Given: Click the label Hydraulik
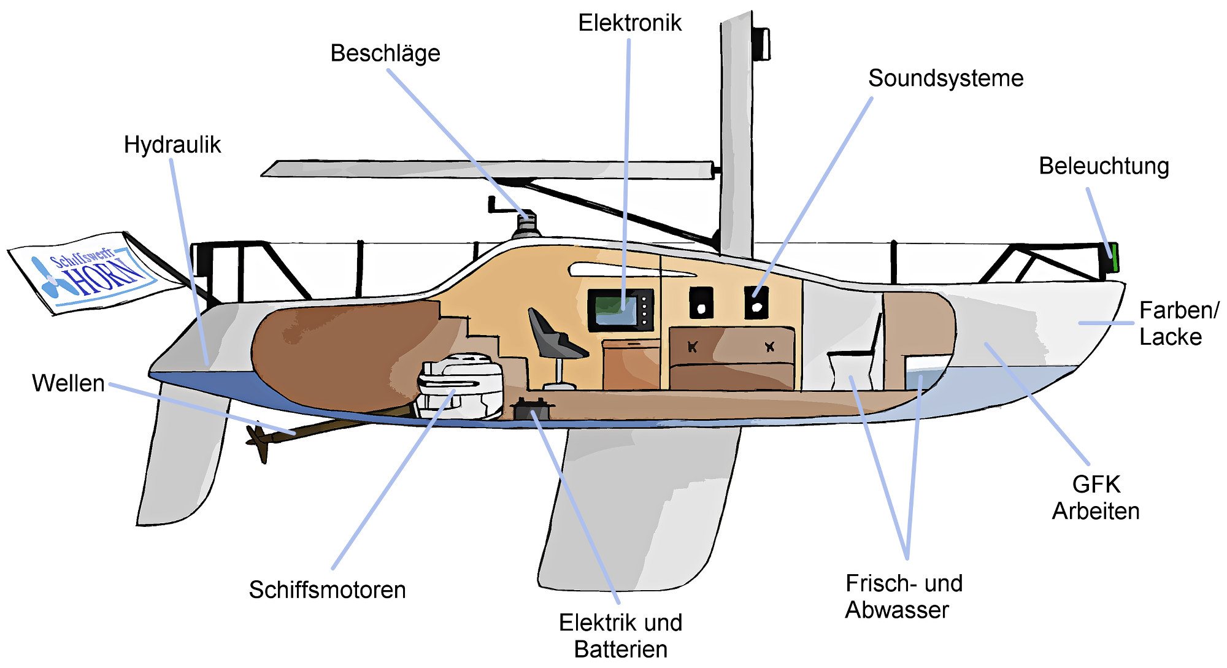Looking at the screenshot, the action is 172,145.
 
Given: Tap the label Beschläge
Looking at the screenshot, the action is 385,53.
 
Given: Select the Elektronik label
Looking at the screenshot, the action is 629,23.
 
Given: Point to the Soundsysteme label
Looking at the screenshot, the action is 945,79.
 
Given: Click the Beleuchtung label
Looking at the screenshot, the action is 1104,166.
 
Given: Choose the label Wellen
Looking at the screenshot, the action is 68,383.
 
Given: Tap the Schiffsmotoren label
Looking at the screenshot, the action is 327,590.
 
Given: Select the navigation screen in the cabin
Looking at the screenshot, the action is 620,309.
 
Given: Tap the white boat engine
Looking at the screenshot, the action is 460,386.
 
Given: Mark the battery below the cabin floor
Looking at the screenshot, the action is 533,408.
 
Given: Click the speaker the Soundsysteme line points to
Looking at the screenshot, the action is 756,302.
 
